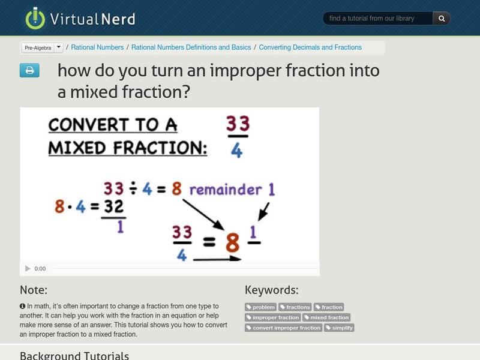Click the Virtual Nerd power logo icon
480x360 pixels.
tap(35, 18)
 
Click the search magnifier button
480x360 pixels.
tap(442, 19)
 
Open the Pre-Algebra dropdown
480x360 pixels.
tap(42, 47)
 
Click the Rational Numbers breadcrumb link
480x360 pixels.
tap(98, 47)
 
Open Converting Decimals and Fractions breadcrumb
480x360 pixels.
tap(310, 47)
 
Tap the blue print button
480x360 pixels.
tap(29, 71)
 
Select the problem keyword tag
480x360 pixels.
tap(260, 307)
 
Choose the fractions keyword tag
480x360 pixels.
tap(295, 307)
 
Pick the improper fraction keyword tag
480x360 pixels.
tap(272, 317)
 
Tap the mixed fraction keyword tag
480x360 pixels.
tap(326, 317)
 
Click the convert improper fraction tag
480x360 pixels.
tap(283, 328)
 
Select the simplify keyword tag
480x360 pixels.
tap(340, 328)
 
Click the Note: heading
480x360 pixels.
tap(34, 290)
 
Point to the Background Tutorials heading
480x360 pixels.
tap(74, 355)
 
